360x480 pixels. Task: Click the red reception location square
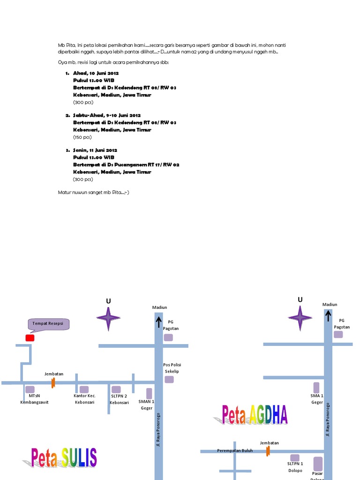click(x=30, y=337)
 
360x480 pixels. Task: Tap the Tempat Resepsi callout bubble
click(x=49, y=324)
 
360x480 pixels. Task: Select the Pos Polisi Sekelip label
click(x=172, y=368)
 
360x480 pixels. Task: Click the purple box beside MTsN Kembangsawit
click(x=30, y=389)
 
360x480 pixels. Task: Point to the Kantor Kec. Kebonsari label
click(x=84, y=399)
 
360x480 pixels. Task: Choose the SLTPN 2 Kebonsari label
click(x=119, y=399)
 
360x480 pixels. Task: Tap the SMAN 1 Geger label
click(x=147, y=405)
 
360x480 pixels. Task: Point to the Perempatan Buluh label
click(x=235, y=451)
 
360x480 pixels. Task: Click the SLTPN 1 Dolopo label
click(x=295, y=467)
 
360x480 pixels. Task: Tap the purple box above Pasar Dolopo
click(x=318, y=464)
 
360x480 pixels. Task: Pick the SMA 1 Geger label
click(x=317, y=399)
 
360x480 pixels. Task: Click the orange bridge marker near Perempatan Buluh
click(x=268, y=451)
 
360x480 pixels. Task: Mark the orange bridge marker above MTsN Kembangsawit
click(x=53, y=382)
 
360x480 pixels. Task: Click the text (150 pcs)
click(x=82, y=137)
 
